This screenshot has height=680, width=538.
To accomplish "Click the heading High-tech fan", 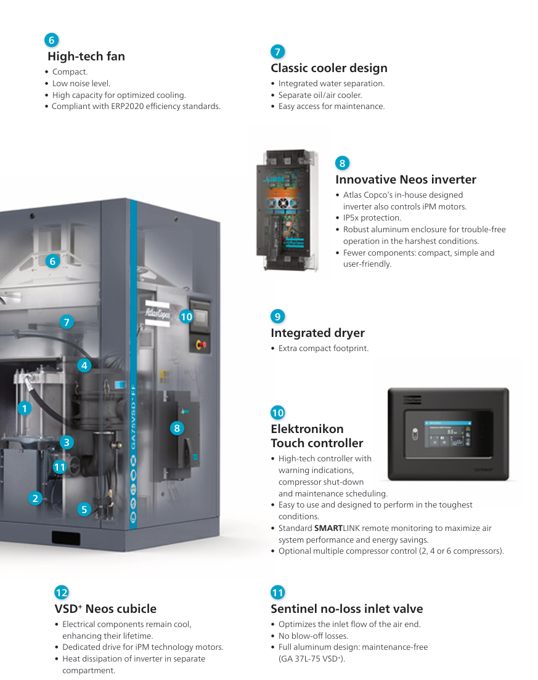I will (86, 57).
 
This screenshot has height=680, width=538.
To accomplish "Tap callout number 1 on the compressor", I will (24, 408).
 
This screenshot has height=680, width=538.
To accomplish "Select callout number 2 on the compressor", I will (36, 499).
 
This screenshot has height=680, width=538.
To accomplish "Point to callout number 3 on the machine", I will (67, 442).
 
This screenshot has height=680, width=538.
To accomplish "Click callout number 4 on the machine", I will (84, 365).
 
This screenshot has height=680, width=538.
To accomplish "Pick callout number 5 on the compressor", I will (84, 509).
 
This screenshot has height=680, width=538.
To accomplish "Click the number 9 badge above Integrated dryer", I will (278, 317).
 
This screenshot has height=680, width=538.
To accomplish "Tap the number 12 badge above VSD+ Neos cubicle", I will (62, 593).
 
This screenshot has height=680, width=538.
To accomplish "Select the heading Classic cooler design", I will (329, 68).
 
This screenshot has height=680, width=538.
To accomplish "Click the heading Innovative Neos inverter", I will (406, 180).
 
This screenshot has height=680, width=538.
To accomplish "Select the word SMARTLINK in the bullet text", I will (333, 528).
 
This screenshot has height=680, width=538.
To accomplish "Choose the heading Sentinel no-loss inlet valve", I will (346, 609).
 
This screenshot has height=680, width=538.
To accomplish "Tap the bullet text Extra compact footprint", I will (323, 349).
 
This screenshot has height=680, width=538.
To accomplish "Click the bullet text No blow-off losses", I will (313, 636).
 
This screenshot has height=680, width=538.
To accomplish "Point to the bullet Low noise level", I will (81, 84).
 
